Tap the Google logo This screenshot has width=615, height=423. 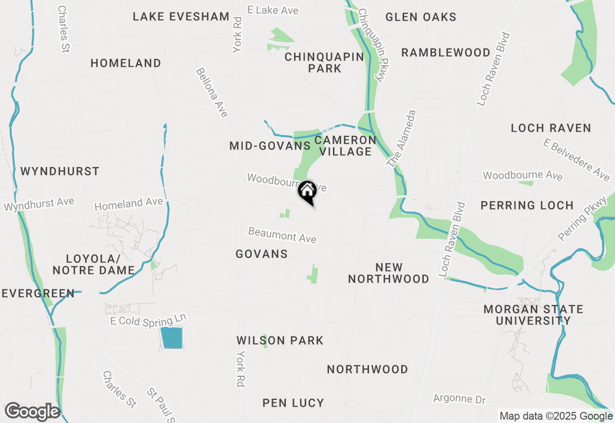click(32, 411)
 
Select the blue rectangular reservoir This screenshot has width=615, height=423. click(172, 337)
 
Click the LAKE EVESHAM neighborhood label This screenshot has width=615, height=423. click(181, 17)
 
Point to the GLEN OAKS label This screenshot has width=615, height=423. click(421, 17)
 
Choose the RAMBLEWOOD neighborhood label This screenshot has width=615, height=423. click(446, 52)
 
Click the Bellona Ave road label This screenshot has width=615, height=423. click(212, 92)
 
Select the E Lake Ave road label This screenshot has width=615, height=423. click(272, 10)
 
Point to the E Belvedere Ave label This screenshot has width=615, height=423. click(577, 160)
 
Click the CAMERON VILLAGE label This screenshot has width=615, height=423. click(345, 146)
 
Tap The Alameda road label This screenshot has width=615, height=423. click(401, 138)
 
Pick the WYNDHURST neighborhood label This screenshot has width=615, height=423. click(60, 171)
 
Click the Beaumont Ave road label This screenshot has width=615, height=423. click(282, 235)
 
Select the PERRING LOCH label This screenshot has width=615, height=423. click(527, 205)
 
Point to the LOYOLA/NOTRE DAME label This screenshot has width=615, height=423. click(93, 264)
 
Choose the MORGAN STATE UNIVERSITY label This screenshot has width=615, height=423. click(533, 314)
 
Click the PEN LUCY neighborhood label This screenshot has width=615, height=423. click(293, 403)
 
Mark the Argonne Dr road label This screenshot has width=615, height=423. click(460, 399)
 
